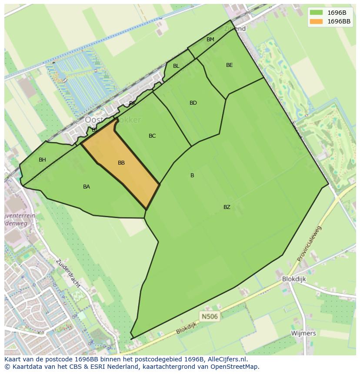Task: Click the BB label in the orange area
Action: (121, 163)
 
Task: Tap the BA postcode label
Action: (87, 187)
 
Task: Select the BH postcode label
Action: (42, 160)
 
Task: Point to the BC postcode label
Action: (152, 136)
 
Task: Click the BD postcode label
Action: (193, 103)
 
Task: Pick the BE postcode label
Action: (230, 65)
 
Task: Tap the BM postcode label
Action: (210, 40)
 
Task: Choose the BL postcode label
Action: (176, 66)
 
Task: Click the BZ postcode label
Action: (227, 207)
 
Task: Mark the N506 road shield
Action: (209, 316)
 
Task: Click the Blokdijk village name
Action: (294, 279)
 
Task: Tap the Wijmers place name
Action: (303, 333)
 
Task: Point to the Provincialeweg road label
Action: (310, 243)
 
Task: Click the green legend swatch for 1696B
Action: (316, 13)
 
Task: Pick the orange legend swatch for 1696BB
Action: (316, 21)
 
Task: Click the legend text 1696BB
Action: (339, 21)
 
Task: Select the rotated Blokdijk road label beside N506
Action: (187, 328)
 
